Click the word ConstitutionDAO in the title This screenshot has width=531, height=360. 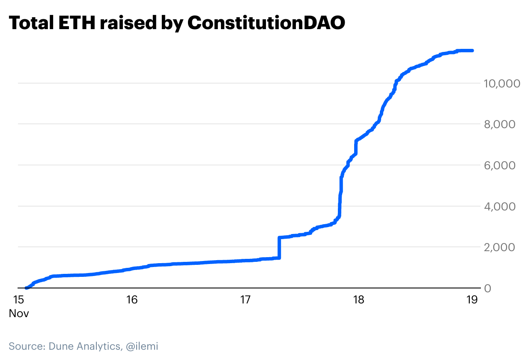(x=266, y=23)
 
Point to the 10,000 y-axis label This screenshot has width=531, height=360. (x=501, y=83)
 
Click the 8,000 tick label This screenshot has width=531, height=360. (x=503, y=124)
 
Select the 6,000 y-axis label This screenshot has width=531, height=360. (x=503, y=165)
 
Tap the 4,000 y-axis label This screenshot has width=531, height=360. (x=503, y=207)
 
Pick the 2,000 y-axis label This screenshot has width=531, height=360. (x=503, y=248)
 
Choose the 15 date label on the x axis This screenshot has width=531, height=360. (x=19, y=300)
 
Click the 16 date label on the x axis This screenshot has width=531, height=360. (x=132, y=300)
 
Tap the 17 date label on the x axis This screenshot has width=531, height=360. (x=245, y=300)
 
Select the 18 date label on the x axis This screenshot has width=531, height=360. (x=358, y=300)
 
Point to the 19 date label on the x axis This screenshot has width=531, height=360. (x=471, y=300)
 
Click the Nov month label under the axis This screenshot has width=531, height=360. (x=19, y=313)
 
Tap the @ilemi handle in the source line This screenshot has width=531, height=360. (x=142, y=346)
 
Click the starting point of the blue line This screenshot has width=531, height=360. (x=27, y=288)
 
